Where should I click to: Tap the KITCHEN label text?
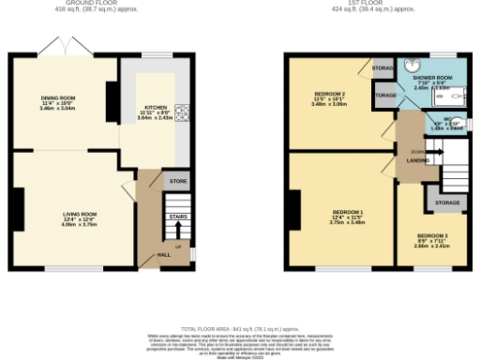click(155, 106)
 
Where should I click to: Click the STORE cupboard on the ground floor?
click(175, 181)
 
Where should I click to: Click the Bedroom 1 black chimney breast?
click(295, 208)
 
